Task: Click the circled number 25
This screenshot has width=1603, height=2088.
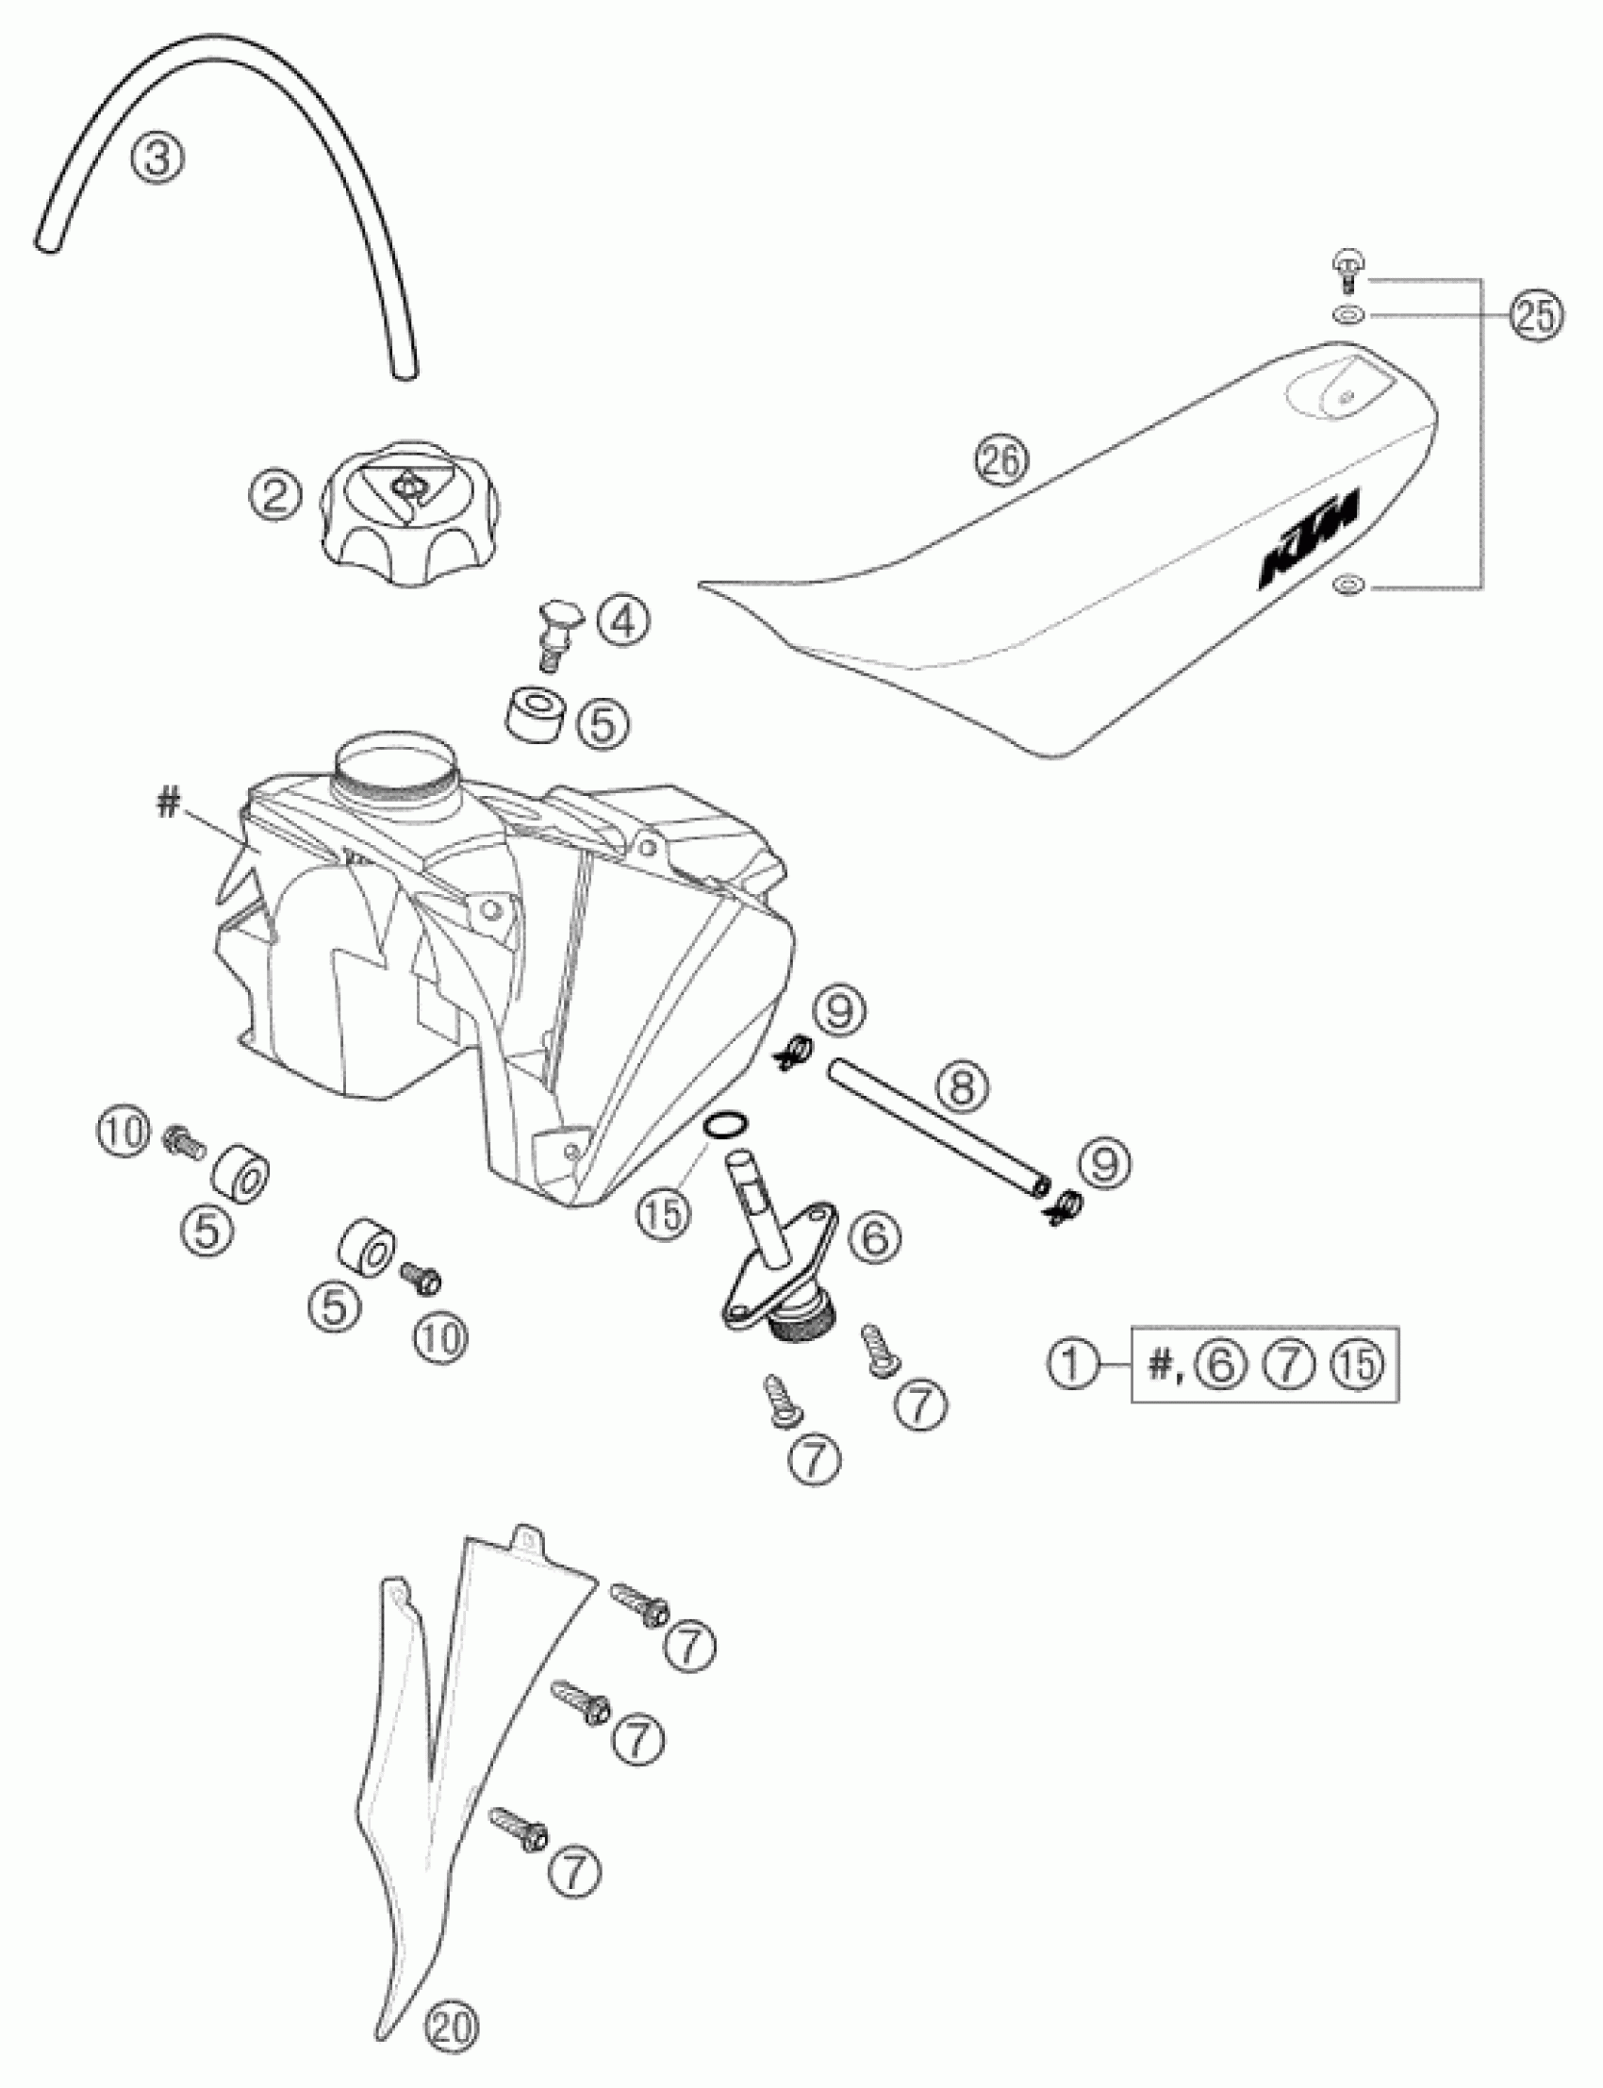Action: pos(1536,315)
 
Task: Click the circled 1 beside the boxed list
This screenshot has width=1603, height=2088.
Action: pos(1073,1364)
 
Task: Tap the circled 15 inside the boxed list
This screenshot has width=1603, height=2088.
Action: pos(1358,1364)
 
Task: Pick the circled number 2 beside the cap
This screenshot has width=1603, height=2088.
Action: pos(274,497)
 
